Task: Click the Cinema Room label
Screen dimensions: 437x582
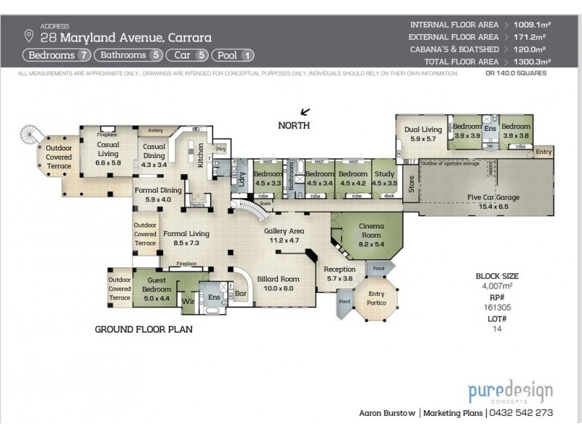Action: tap(371, 230)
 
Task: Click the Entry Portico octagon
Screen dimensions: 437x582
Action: tap(377, 298)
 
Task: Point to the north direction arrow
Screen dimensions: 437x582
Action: tap(305, 111)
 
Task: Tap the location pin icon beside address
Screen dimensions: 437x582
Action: tap(29, 36)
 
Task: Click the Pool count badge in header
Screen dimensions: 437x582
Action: tap(234, 55)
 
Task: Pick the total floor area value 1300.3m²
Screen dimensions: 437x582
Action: tap(533, 62)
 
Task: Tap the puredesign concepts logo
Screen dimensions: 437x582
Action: tap(510, 391)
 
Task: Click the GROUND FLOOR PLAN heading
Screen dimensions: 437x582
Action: tap(143, 329)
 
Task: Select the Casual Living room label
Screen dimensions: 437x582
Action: tap(108, 149)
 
